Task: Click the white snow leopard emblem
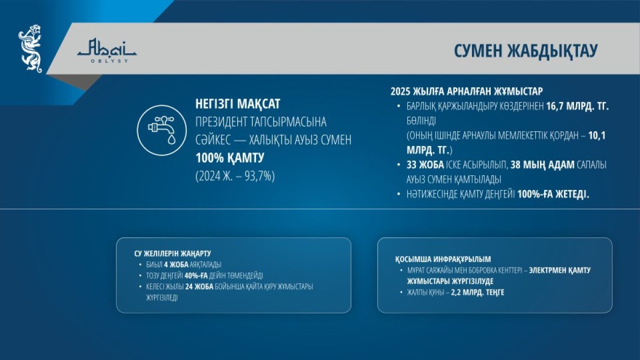pyautogui.click(x=30, y=49)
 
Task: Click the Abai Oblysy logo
pyautogui.click(x=107, y=51)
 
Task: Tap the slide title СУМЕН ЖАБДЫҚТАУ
pyautogui.click(x=526, y=51)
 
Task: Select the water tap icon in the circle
pyautogui.click(x=162, y=130)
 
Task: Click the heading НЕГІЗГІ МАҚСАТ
pyautogui.click(x=238, y=103)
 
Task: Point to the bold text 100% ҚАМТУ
pyautogui.click(x=230, y=158)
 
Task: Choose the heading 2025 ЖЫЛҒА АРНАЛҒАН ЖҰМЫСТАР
pyautogui.click(x=467, y=91)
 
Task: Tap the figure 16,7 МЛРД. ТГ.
pyautogui.click(x=578, y=106)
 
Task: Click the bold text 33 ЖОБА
pyautogui.click(x=425, y=165)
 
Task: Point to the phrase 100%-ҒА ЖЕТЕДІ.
pyautogui.click(x=554, y=194)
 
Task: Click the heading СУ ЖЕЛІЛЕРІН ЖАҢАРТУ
pyautogui.click(x=173, y=253)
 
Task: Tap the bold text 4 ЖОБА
pyautogui.click(x=176, y=265)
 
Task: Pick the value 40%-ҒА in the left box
pyautogui.click(x=196, y=276)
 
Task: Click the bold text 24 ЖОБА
pyautogui.click(x=199, y=286)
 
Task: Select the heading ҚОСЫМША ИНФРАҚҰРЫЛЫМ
pyautogui.click(x=443, y=259)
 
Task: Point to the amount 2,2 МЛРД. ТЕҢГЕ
pyautogui.click(x=478, y=292)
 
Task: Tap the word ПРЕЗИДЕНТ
pyautogui.click(x=221, y=122)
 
